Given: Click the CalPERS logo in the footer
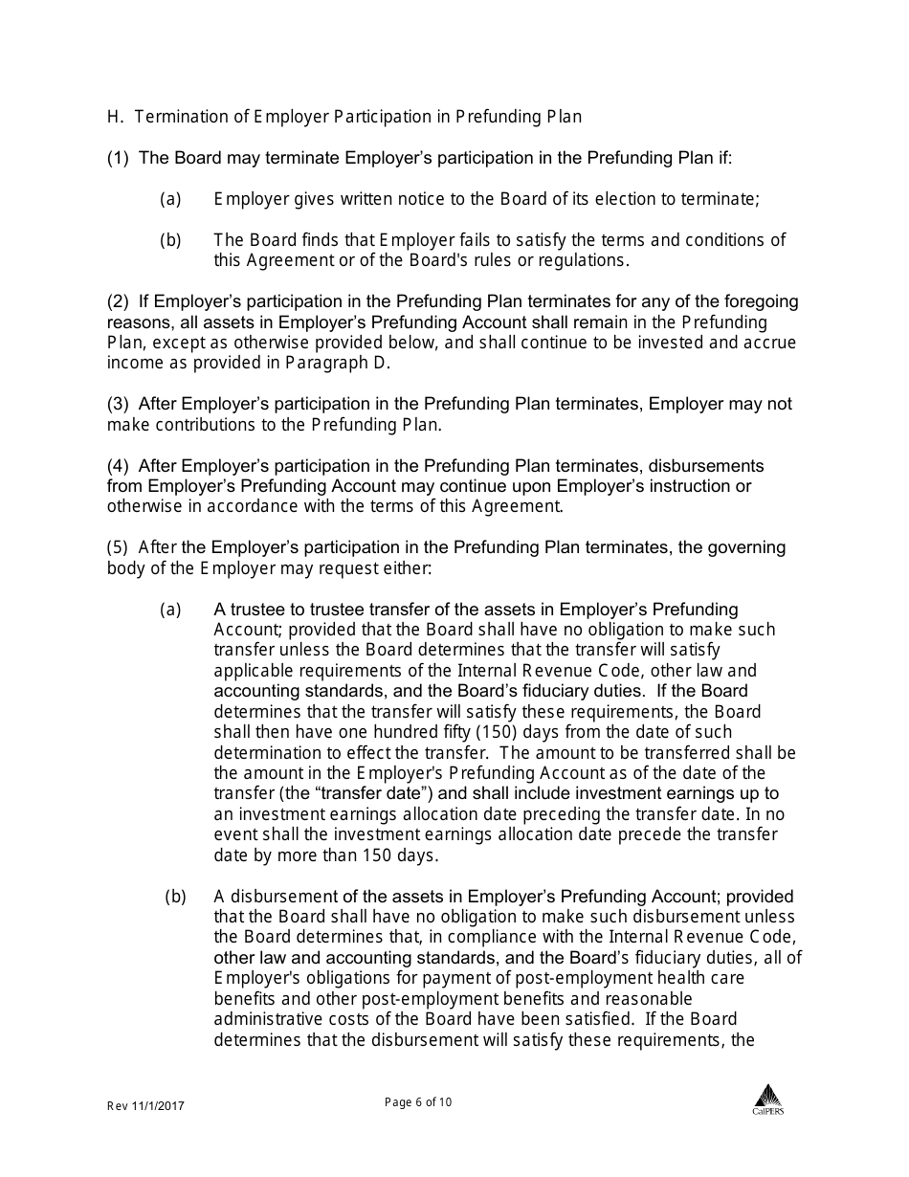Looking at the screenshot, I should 767,1099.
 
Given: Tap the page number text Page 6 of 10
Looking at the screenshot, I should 418,1102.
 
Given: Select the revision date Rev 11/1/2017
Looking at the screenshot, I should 145,1106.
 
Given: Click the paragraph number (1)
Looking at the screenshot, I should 118,158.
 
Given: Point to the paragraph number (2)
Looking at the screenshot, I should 118,301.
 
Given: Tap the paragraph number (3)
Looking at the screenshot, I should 118,404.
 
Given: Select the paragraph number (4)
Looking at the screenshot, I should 118,466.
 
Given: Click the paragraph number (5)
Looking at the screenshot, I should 118,547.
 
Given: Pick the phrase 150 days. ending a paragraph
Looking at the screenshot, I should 393,855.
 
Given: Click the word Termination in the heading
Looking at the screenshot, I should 179,117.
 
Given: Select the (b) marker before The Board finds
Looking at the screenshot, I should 170,240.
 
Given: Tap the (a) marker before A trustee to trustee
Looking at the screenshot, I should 170,610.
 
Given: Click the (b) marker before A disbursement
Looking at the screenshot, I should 175,897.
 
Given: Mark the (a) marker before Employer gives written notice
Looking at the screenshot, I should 170,199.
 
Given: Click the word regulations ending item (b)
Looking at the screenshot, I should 582,260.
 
